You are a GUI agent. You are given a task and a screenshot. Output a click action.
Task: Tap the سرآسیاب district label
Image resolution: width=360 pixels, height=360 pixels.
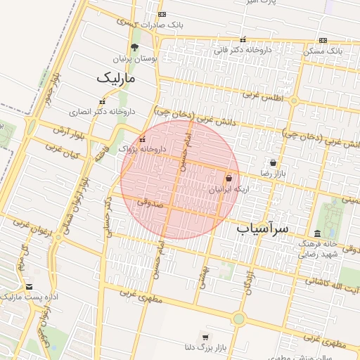[x=263, y=229]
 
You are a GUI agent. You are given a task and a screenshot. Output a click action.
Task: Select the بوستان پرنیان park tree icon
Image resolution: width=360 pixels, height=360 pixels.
[x=135, y=48]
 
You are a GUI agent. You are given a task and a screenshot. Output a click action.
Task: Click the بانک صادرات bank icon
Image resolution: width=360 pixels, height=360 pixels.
[x=162, y=14]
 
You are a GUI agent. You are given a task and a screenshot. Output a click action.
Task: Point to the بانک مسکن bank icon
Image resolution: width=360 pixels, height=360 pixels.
[x=323, y=41]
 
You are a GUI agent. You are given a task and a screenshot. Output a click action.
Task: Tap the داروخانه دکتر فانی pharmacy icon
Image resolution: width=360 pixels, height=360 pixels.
[x=243, y=40]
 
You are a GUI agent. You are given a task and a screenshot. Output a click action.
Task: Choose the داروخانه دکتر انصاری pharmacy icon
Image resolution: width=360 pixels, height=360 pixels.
[x=102, y=102]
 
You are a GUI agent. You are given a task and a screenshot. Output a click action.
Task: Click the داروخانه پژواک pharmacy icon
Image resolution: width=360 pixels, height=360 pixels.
[x=143, y=139]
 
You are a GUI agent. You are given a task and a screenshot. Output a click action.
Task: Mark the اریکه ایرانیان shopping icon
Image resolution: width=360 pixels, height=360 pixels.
[x=229, y=179]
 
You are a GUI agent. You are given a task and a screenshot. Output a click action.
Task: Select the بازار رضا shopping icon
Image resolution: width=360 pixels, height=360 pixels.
[x=273, y=162]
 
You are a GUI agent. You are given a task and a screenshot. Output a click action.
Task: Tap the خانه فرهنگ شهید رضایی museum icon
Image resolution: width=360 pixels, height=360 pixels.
[x=317, y=233]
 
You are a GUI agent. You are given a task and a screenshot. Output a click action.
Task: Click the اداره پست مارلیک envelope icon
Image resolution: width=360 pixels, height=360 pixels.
[x=29, y=287]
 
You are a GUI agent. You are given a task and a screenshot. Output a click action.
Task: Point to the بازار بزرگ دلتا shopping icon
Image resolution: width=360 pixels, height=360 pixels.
[x=205, y=336]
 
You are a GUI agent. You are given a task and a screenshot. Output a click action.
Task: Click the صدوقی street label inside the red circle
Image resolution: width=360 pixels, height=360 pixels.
[x=150, y=202]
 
